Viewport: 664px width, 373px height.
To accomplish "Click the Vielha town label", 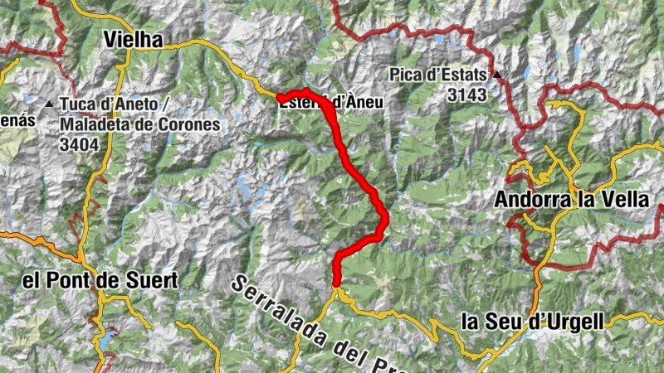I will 134,40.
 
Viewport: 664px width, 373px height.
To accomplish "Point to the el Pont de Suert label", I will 100,281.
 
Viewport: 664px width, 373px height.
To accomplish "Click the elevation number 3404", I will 79,144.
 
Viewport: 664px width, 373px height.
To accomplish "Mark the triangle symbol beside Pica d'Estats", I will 497,75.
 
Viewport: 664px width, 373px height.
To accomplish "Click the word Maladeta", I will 89,125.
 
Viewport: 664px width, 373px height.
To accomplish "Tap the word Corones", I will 193,125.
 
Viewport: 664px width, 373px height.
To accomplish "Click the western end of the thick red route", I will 280,99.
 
